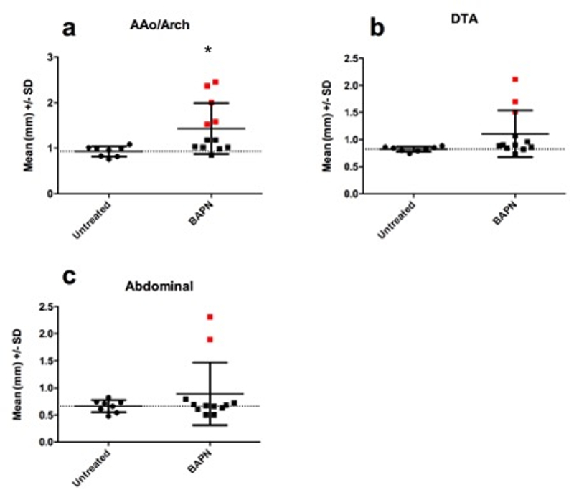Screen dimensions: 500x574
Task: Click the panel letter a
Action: click(69, 29)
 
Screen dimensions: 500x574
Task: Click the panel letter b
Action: click(377, 29)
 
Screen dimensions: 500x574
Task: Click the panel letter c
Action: click(70, 276)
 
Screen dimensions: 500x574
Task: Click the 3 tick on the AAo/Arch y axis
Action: click(49, 57)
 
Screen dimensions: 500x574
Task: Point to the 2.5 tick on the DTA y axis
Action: click(351, 58)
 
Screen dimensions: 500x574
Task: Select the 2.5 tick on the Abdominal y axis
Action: click(45, 307)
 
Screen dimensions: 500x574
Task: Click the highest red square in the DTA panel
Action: click(515, 80)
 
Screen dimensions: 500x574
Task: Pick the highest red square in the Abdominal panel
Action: click(210, 316)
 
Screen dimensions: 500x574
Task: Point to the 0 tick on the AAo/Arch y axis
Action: click(49, 194)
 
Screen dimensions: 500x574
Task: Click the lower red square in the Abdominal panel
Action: click(210, 339)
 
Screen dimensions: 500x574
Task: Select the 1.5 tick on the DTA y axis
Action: click(351, 113)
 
